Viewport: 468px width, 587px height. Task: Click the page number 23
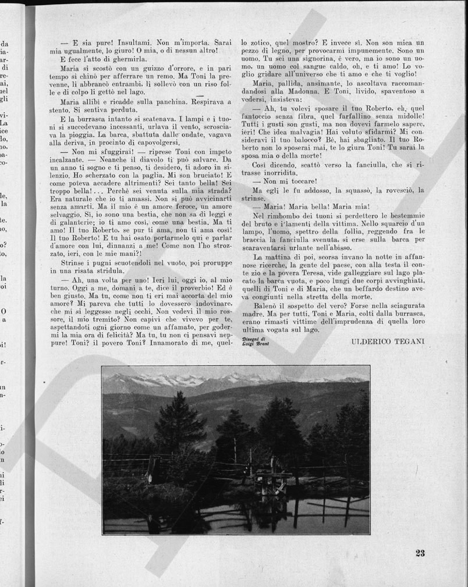(420, 553)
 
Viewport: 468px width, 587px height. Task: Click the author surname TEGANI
(409, 341)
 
